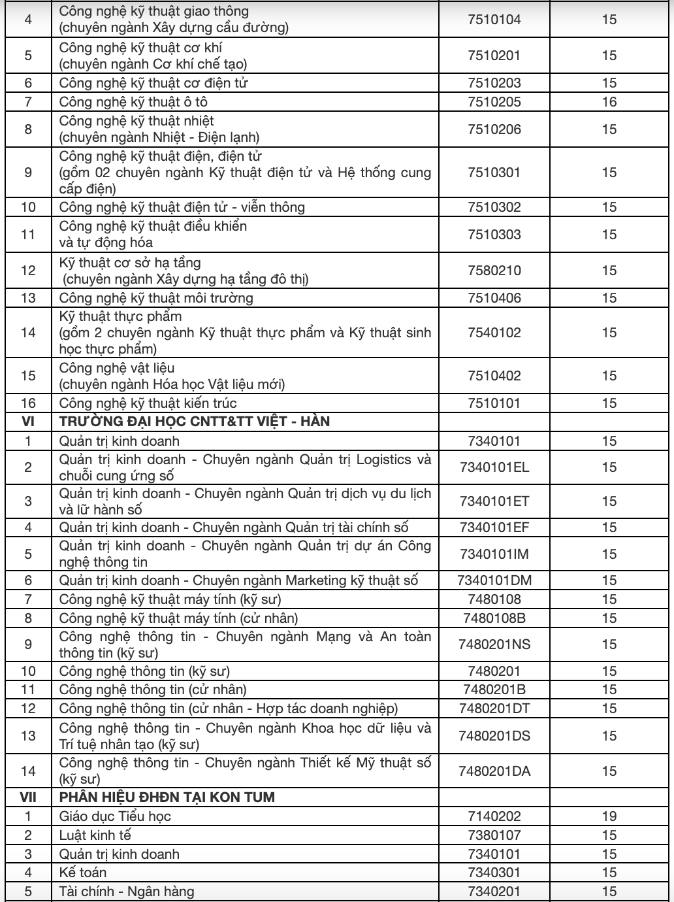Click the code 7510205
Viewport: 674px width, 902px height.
[x=494, y=102]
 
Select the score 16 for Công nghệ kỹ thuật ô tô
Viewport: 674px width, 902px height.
[x=609, y=102]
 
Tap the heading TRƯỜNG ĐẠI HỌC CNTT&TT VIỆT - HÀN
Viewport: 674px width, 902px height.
[x=195, y=422]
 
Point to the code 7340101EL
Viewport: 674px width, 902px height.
[x=494, y=467]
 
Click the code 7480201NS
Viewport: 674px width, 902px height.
[x=494, y=644]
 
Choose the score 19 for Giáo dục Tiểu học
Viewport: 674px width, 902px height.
[x=609, y=816]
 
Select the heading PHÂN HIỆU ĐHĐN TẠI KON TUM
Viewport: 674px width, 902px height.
[x=167, y=797]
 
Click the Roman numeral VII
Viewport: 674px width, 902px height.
[x=28, y=797]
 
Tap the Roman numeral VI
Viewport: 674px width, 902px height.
[x=28, y=422]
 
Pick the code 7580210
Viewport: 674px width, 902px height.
[x=494, y=271]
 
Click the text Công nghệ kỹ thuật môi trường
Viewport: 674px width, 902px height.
[x=156, y=298]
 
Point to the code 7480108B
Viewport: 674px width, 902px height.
[x=494, y=618]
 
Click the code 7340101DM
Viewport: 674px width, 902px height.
[x=494, y=580]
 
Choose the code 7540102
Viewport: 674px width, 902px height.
[x=494, y=333]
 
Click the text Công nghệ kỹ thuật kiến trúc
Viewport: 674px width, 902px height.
[x=148, y=403]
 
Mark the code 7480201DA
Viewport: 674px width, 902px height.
[x=494, y=771]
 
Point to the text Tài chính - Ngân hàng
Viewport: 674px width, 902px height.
[x=127, y=892]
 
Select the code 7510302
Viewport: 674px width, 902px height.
[x=494, y=207]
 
